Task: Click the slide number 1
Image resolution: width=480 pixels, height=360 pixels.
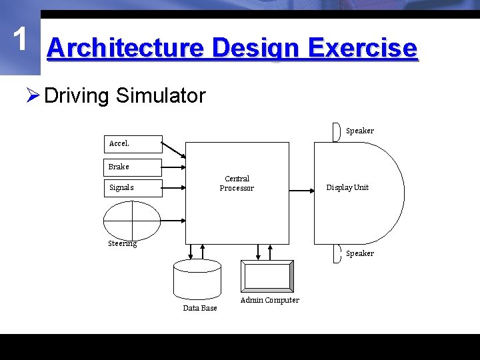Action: click(x=21, y=39)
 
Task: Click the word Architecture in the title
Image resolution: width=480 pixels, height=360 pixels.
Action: click(x=125, y=49)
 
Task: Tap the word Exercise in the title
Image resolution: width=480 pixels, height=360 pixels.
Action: click(x=363, y=49)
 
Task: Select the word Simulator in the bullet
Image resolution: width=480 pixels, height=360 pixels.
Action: click(x=161, y=96)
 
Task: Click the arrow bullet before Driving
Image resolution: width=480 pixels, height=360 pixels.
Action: click(x=33, y=96)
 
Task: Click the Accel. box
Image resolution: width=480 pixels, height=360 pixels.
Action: click(x=133, y=144)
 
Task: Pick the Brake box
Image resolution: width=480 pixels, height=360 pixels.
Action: click(x=133, y=167)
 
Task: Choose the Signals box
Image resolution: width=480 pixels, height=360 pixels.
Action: click(x=133, y=188)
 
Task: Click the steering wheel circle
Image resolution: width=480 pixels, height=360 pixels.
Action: click(x=132, y=220)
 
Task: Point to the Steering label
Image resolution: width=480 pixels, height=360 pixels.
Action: click(x=123, y=243)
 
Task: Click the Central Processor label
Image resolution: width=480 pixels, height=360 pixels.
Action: click(x=237, y=183)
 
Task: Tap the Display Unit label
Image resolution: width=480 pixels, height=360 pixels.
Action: click(x=347, y=187)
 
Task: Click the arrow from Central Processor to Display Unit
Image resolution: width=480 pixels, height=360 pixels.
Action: click(x=302, y=191)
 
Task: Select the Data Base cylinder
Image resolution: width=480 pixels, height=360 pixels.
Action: click(x=197, y=279)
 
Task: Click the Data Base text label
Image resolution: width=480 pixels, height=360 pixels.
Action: click(x=200, y=308)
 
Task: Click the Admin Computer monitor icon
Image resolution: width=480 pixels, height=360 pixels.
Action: click(x=267, y=276)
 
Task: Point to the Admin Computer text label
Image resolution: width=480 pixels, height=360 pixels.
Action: click(x=270, y=300)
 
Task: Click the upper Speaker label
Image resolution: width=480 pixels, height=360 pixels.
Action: click(x=360, y=131)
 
